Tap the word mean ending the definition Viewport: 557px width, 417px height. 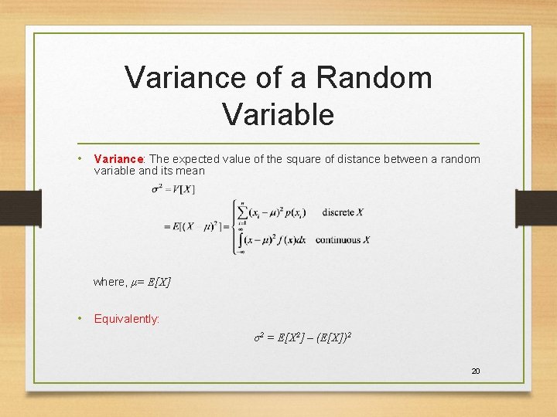point(191,171)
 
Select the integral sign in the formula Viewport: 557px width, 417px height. point(242,239)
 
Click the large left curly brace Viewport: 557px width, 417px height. point(234,225)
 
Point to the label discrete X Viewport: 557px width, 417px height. point(343,212)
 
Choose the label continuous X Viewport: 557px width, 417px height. point(342,240)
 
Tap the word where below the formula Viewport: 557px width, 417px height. point(109,282)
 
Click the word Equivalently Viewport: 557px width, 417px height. point(127,318)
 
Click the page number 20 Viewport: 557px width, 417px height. point(476,371)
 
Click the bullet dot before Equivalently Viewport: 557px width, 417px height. point(81,318)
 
